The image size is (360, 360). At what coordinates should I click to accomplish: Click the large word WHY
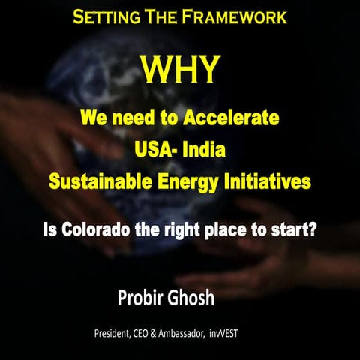(x=181, y=70)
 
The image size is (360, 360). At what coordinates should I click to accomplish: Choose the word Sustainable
(x=105, y=181)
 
